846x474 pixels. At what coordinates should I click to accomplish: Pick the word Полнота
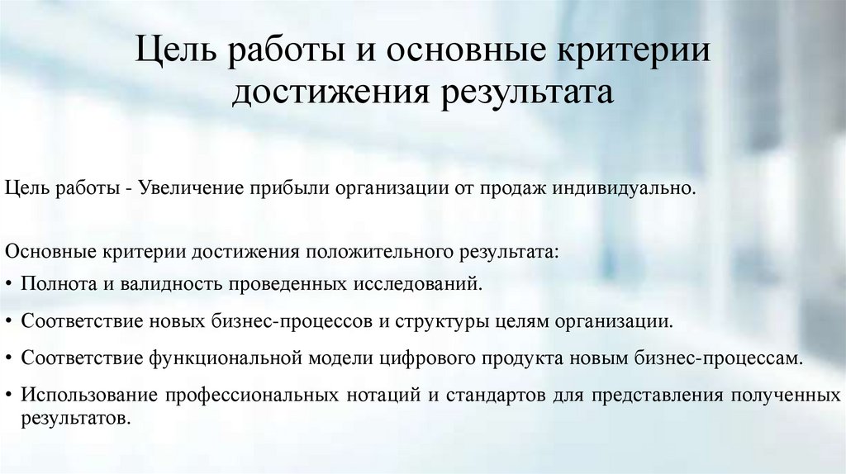tap(59, 284)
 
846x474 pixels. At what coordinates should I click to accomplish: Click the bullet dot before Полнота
tap(8, 285)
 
